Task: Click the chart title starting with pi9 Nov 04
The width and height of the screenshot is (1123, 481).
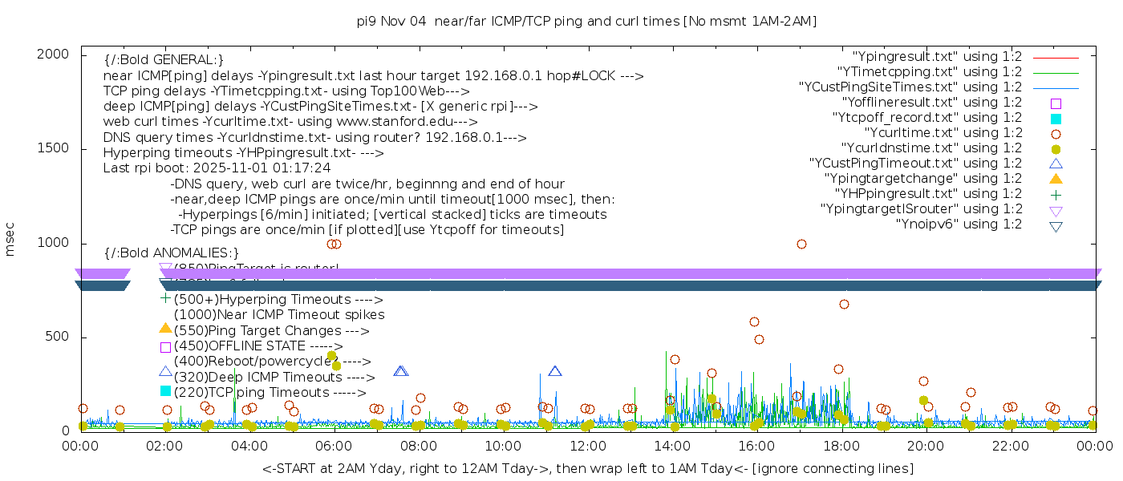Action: pyautogui.click(x=587, y=22)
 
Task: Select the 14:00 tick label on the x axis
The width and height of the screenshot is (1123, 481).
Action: pyautogui.click(x=672, y=447)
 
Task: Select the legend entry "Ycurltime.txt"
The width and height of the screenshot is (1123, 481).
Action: pyautogui.click(x=943, y=133)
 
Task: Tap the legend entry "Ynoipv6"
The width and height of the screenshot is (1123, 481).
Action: pyautogui.click(x=959, y=224)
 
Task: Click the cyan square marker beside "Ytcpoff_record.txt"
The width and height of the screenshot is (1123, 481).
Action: pyautogui.click(x=1056, y=119)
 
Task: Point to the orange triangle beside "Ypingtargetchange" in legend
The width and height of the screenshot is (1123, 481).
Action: pyautogui.click(x=1056, y=178)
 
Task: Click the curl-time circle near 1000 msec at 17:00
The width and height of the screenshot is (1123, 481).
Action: pyautogui.click(x=801, y=244)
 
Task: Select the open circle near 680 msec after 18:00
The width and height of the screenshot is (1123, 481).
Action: pyautogui.click(x=844, y=304)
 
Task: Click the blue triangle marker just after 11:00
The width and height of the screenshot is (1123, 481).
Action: pyautogui.click(x=555, y=371)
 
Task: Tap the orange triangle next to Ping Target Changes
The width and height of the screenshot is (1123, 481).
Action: pyautogui.click(x=165, y=328)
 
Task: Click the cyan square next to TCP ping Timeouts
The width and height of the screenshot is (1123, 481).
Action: pyautogui.click(x=165, y=390)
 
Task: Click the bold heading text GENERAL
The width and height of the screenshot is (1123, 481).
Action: pyautogui.click(x=164, y=60)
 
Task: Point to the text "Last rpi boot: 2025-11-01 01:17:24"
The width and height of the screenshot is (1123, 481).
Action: pyautogui.click(x=217, y=168)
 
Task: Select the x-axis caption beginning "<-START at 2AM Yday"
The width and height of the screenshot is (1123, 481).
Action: pyautogui.click(x=587, y=468)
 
